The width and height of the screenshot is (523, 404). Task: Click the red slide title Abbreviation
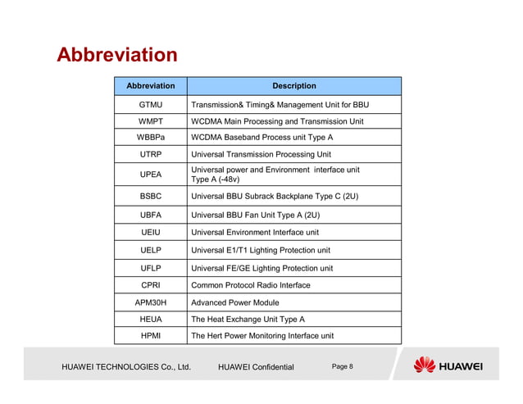tap(116, 55)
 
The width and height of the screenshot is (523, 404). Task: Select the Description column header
tap(293, 85)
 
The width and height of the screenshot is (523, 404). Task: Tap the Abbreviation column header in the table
tap(150, 85)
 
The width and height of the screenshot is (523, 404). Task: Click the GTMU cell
tap(150, 105)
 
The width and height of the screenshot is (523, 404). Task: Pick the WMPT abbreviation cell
tap(150, 121)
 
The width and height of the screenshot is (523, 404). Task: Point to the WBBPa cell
tap(150, 138)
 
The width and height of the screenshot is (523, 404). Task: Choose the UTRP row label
tap(150, 154)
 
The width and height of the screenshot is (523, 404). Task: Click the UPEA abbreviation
tap(150, 175)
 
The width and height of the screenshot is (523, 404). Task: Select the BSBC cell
tap(150, 197)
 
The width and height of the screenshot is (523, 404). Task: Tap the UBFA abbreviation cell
tap(150, 216)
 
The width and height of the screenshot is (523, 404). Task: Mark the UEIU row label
tap(150, 233)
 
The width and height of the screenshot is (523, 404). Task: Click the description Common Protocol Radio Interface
tap(250, 285)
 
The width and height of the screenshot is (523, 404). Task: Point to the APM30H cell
tap(150, 302)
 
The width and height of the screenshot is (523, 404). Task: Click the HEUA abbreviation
tap(150, 319)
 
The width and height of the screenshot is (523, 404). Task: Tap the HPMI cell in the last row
tap(150, 336)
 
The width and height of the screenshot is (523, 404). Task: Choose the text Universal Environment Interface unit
tap(254, 233)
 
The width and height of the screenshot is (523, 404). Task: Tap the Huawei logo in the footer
tap(448, 365)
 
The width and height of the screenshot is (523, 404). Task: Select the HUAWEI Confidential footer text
tap(256, 367)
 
